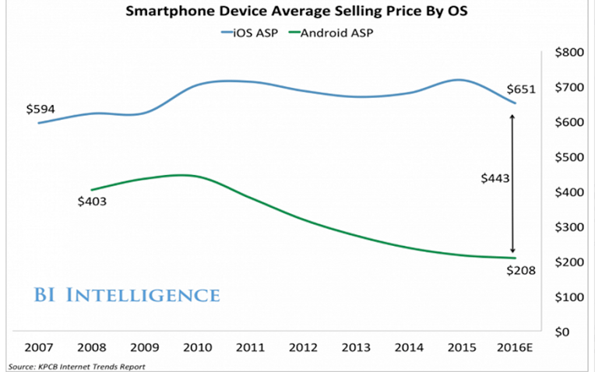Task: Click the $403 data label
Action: click(93, 202)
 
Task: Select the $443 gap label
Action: click(495, 178)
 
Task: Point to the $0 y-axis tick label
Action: click(576, 332)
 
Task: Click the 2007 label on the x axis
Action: click(39, 348)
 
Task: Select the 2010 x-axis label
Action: click(195, 348)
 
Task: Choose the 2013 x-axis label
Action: click(350, 348)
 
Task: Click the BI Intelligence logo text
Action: click(126, 295)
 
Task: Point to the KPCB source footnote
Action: click(77, 366)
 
